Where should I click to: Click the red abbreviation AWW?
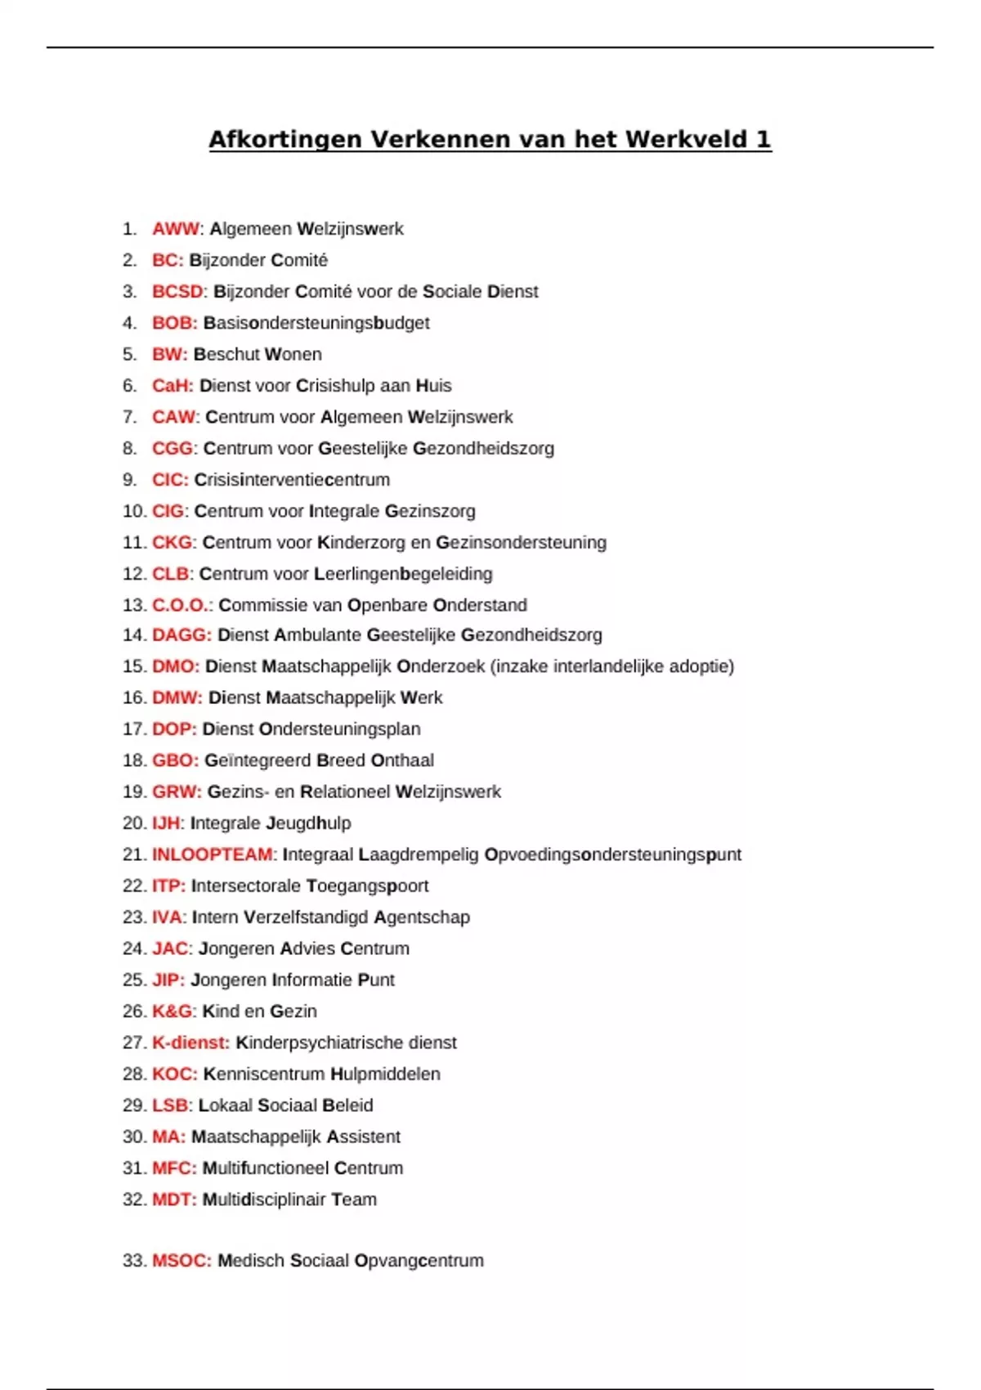175,229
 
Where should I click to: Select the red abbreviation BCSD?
177,292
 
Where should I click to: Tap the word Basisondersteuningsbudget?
316,323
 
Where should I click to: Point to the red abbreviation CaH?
172,386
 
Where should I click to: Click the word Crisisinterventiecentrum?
292,480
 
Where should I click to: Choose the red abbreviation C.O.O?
181,605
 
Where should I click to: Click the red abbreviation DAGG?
181,635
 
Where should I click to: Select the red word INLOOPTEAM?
213,854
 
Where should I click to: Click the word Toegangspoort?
367,886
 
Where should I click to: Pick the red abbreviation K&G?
172,1011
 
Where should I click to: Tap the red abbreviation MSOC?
181,1261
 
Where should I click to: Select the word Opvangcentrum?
419,1261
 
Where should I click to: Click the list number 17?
133,729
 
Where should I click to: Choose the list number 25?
133,980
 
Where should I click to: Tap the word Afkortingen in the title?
285,140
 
